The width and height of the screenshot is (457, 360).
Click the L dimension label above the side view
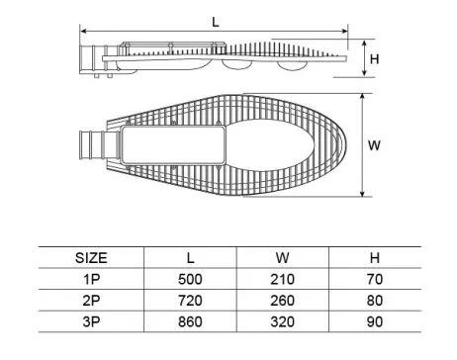pos(216,23)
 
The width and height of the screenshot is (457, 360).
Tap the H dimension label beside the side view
pos(374,59)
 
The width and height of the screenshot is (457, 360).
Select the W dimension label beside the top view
pos(374,145)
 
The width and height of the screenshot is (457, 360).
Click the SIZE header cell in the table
pos(91,258)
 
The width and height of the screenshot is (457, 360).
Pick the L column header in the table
pos(190,258)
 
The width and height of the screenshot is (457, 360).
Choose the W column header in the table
pos(283,258)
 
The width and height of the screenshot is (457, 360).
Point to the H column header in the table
pos(375,258)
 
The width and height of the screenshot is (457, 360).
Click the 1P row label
pos(91,279)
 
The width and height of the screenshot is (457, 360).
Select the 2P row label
pos(91,301)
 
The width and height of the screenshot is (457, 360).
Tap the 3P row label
pos(91,321)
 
